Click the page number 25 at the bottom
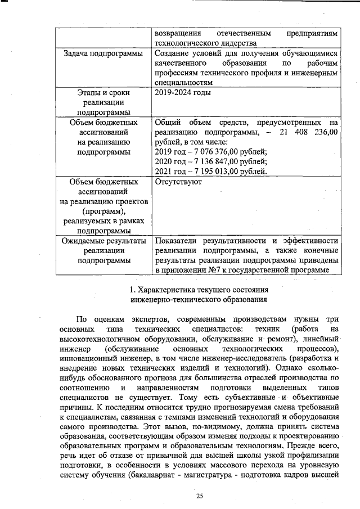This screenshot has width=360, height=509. (x=199, y=496)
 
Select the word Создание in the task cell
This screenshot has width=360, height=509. (x=173, y=53)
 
